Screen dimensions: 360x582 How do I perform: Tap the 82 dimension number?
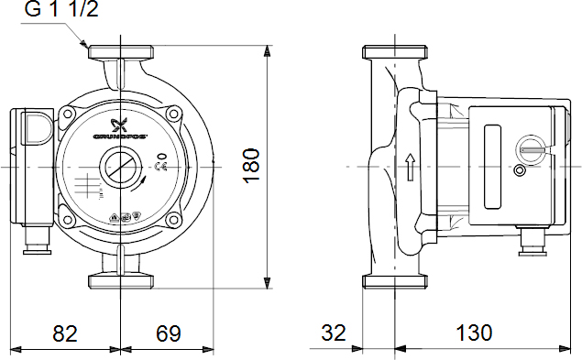[64, 333]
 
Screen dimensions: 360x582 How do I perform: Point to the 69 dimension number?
[167, 333]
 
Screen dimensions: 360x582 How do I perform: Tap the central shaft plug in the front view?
[120, 169]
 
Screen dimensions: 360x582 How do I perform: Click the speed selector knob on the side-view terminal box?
[530, 147]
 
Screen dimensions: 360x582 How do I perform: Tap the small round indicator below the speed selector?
[521, 172]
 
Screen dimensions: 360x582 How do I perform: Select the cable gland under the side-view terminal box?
[529, 243]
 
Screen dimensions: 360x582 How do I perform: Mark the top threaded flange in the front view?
[120, 50]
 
